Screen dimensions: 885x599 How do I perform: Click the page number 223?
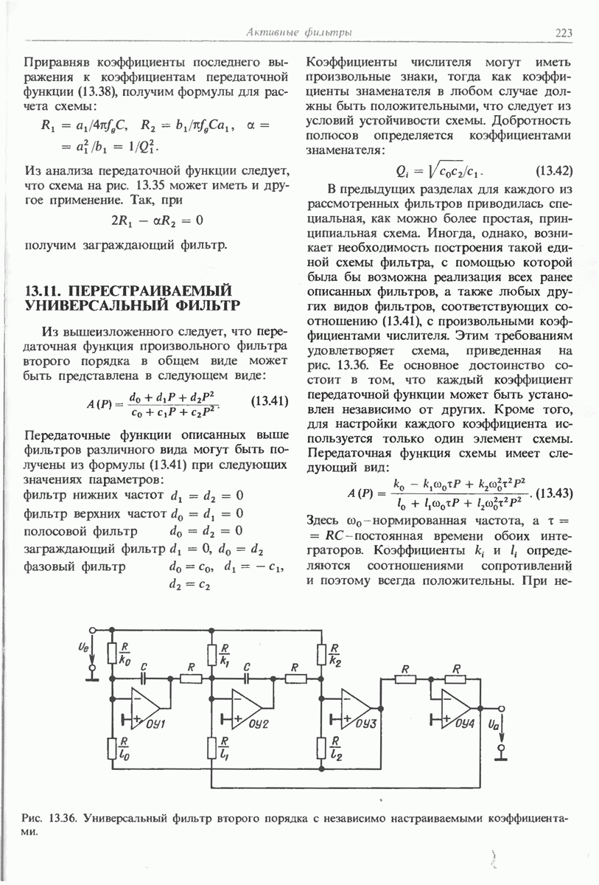click(x=564, y=32)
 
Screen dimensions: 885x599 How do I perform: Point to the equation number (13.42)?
click(x=554, y=171)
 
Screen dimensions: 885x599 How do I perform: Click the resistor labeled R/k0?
click(x=112, y=653)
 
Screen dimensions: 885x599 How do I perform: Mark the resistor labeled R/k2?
click(x=322, y=653)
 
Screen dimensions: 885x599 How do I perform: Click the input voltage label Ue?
click(x=81, y=650)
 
